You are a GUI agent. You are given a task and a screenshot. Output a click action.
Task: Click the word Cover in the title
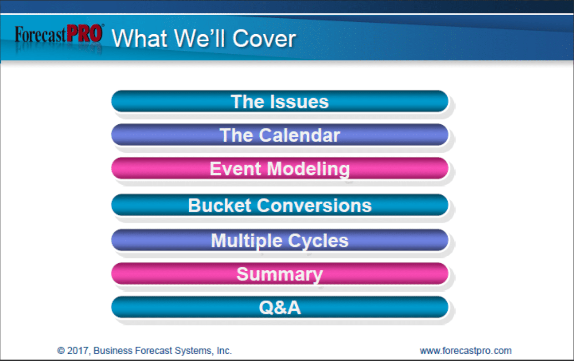tap(264, 39)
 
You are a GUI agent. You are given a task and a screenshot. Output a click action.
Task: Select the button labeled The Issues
tap(280, 101)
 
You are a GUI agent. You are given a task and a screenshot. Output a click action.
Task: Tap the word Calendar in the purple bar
tap(299, 135)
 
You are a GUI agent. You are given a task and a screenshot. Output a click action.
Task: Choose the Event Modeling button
tap(280, 169)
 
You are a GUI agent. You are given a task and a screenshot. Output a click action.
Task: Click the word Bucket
tap(220, 205)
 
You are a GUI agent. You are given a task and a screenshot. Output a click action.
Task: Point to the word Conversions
tap(314, 206)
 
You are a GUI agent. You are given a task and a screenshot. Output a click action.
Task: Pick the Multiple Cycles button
tap(280, 240)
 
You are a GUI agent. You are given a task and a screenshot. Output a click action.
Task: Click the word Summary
tap(280, 274)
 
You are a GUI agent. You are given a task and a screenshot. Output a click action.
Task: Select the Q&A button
tap(280, 307)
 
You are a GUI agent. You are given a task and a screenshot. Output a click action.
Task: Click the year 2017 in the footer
tap(78, 351)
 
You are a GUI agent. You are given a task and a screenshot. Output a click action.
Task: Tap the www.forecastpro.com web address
tap(466, 351)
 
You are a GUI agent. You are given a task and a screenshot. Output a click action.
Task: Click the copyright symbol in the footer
tap(61, 351)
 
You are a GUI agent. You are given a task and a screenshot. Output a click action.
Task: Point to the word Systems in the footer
tap(193, 351)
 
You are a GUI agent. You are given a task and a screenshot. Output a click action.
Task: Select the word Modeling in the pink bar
tap(308, 169)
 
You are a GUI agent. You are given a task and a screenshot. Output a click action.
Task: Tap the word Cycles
tap(318, 241)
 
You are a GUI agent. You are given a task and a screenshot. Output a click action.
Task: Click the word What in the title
tap(140, 38)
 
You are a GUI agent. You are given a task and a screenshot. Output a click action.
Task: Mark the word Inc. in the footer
tap(224, 351)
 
